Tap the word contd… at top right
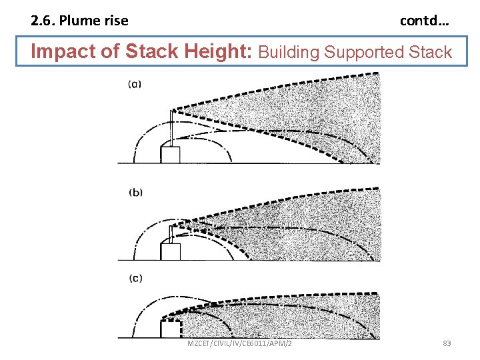point(424,21)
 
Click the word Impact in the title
point(61,51)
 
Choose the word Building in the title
point(288,52)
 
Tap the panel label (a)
point(135,84)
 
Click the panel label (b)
point(135,193)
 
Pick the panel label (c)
point(135,279)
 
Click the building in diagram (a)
point(171,155)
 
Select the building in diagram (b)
point(171,252)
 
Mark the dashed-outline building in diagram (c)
point(171,330)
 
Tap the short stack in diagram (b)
point(171,234)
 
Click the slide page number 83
point(447,344)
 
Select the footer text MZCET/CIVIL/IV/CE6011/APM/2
point(239,344)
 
